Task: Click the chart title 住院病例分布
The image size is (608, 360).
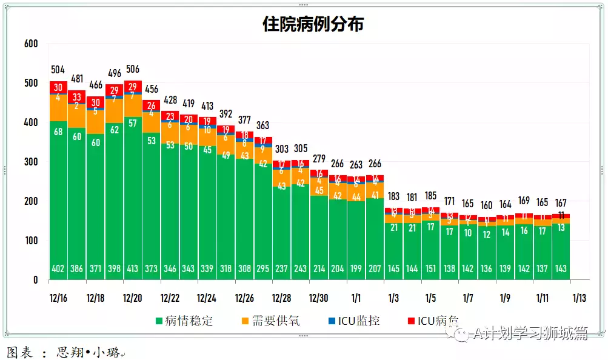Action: tap(313, 24)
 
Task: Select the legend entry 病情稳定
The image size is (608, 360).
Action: tap(185, 321)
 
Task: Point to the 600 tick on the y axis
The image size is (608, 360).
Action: tap(31, 44)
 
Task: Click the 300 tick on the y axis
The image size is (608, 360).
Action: tap(31, 162)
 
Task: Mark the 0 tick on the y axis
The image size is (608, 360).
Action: tap(35, 280)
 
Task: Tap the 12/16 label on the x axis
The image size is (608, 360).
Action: tap(58, 298)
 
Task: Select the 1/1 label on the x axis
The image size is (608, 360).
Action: tap(356, 298)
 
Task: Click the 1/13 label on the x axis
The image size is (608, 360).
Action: tap(579, 298)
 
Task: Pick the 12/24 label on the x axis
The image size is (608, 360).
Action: tap(207, 298)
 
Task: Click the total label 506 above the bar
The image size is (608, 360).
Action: tap(133, 68)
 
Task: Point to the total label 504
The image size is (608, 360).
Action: tap(58, 69)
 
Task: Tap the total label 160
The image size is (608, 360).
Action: tap(486, 205)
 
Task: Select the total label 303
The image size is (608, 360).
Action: tap(281, 148)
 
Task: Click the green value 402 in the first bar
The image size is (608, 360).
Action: tap(58, 268)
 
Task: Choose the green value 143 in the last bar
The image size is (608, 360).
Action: tap(561, 268)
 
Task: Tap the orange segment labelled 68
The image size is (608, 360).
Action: tap(58, 132)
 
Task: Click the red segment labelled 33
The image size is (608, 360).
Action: tap(77, 97)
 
